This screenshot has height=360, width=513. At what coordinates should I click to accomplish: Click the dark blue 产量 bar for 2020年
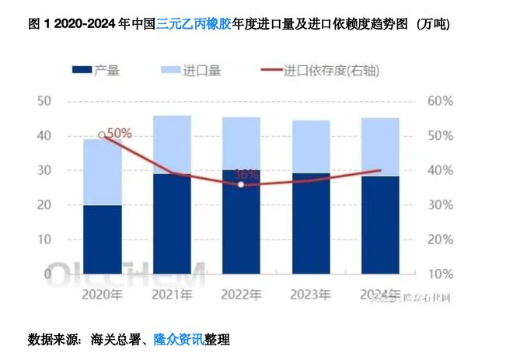point(103,239)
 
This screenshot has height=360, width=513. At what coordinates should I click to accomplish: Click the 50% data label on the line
point(118,133)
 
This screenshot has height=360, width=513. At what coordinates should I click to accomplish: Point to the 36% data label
point(246,174)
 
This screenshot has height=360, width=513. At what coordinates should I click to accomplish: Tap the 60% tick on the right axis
point(439,101)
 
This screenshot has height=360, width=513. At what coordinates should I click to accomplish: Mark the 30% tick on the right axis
point(439,204)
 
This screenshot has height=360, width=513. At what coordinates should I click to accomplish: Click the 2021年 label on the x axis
point(172,295)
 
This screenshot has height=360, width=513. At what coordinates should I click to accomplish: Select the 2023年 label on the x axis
point(310,295)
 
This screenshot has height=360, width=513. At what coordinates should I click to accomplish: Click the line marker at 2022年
point(241,184)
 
